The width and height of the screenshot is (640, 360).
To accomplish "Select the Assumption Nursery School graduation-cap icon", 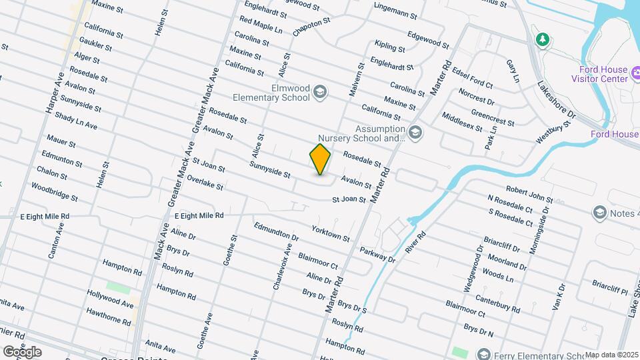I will [x=415, y=133].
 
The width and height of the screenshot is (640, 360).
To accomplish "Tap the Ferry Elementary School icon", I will [x=483, y=355].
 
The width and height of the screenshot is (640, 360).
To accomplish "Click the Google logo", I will [x=22, y=351].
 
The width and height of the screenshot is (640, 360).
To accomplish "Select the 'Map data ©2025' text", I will [x=611, y=355].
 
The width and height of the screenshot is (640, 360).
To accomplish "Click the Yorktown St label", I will [x=331, y=233].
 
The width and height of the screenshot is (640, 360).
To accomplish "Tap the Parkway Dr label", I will [x=377, y=255].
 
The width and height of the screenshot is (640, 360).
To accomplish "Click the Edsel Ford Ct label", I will [x=472, y=77].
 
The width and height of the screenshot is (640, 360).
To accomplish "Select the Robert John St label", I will [x=529, y=195].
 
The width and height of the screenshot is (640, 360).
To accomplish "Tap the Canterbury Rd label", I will [x=498, y=304].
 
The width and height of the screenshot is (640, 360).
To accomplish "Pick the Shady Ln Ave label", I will [x=76, y=121].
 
